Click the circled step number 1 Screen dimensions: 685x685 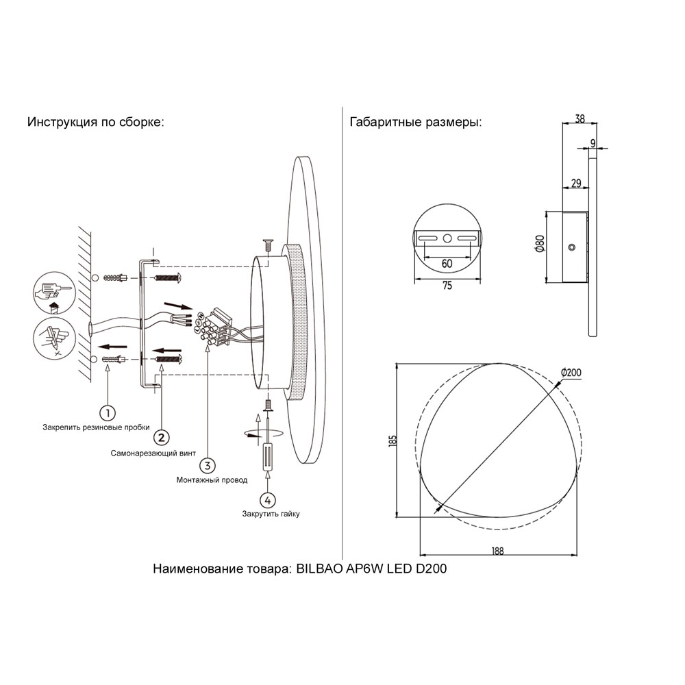[x=107, y=412]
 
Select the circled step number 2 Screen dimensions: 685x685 [x=161, y=437]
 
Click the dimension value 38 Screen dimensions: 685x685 [x=580, y=119]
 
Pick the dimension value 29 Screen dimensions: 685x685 [x=575, y=183]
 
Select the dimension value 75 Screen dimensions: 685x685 [x=447, y=286]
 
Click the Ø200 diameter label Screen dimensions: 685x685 [x=571, y=372]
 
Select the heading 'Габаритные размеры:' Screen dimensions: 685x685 [x=415, y=123]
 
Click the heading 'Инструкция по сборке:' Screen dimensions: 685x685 [x=96, y=123]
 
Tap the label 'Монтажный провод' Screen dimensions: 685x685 [x=212, y=481]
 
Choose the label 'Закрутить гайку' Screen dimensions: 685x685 [x=271, y=514]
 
